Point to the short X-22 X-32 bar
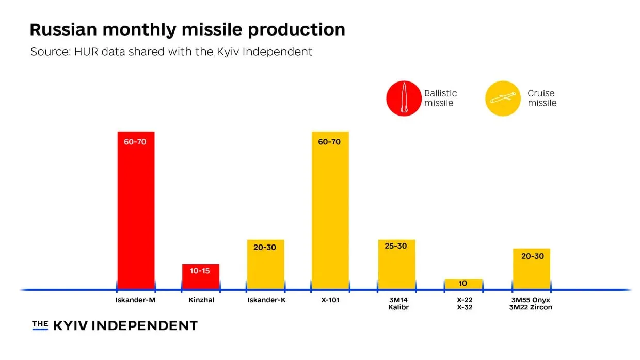pos(463,284)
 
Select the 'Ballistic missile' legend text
pos(440,98)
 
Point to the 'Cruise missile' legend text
pos(542,98)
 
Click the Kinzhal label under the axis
pos(201,300)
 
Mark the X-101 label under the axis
pos(330,300)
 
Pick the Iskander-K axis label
pos(266,300)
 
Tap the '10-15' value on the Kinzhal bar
pos(201,270)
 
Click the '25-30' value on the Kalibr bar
pos(396,246)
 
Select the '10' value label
pos(462,283)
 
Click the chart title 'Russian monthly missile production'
pos(187,30)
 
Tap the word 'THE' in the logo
pos(40,324)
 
